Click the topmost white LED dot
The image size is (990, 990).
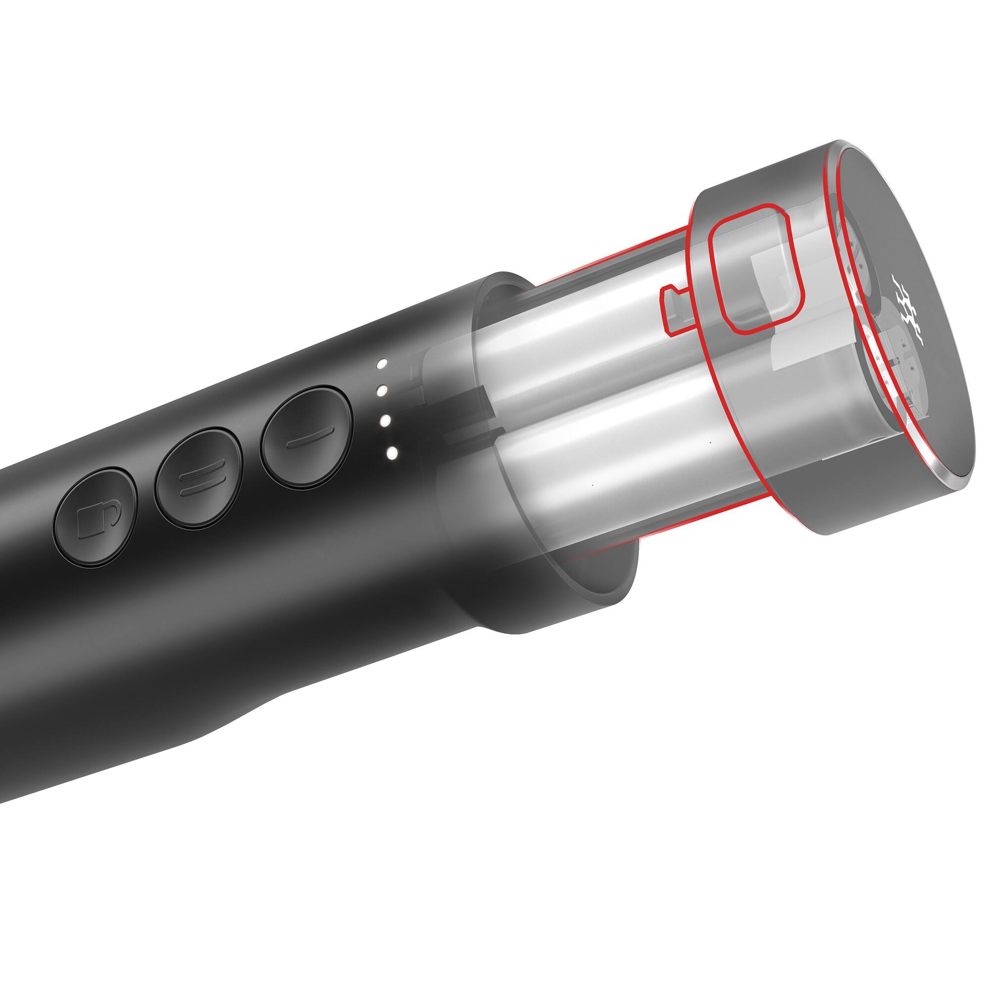point(382,364)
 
